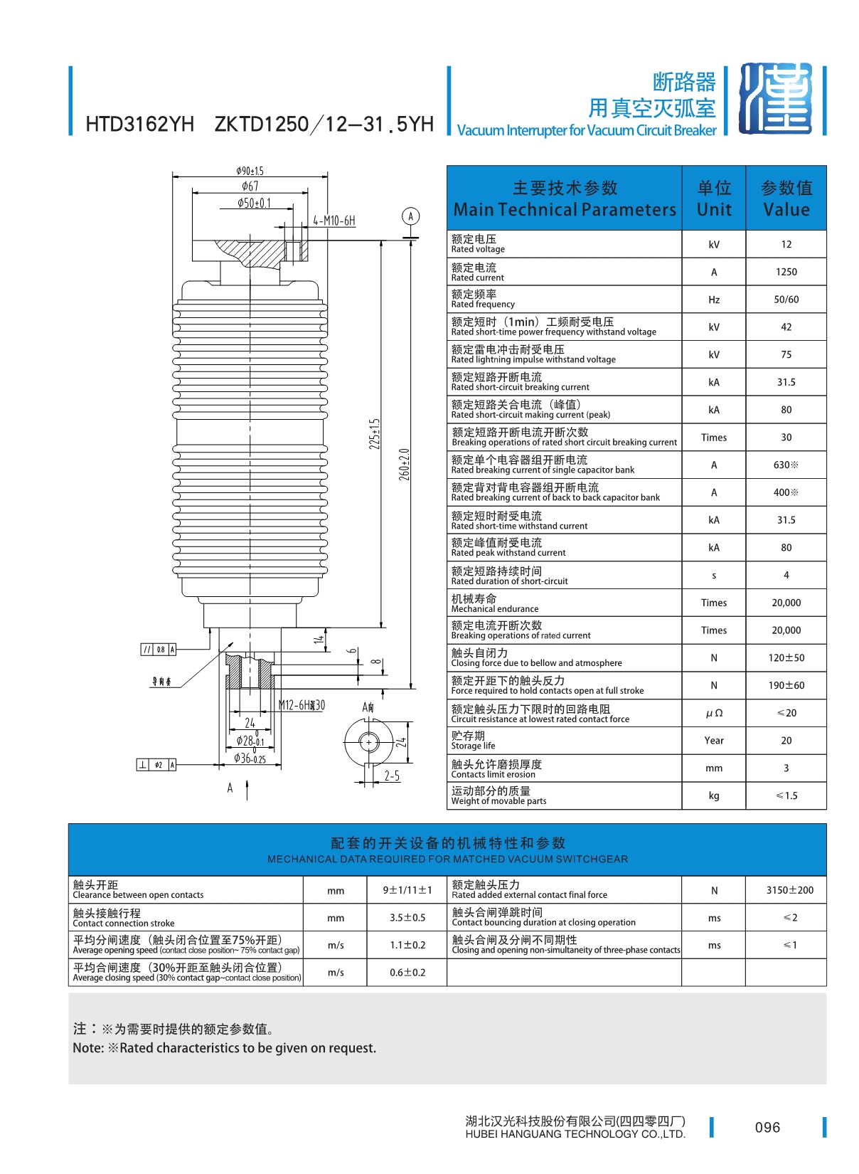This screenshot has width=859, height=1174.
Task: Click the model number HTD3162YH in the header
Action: pos(139,125)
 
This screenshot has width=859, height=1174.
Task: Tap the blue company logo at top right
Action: pos(775,99)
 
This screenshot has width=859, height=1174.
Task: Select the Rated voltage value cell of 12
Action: pos(786,244)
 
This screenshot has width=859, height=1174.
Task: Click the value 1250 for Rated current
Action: pos(786,272)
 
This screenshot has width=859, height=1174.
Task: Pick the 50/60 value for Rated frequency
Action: pos(786,300)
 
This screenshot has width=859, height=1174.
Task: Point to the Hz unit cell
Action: pos(713,300)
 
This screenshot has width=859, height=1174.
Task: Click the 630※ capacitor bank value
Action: pos(786,465)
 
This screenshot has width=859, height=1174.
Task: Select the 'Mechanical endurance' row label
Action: pos(494,603)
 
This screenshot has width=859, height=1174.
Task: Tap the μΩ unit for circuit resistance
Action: pos(713,713)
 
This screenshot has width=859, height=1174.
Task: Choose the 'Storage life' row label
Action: pos(473,741)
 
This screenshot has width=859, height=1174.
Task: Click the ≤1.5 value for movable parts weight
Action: pos(786,795)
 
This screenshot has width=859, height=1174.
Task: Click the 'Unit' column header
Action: pos(713,199)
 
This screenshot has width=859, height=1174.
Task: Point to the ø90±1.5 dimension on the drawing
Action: pos(250,171)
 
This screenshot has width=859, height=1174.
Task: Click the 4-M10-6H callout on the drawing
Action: pos(334,221)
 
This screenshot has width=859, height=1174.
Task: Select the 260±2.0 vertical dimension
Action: pos(404,464)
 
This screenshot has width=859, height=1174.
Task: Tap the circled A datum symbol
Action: pos(410,216)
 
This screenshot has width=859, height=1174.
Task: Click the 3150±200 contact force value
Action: pos(789,890)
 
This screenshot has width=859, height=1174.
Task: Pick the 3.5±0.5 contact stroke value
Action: pos(407,918)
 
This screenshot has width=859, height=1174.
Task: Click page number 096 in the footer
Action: pos(767,1127)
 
